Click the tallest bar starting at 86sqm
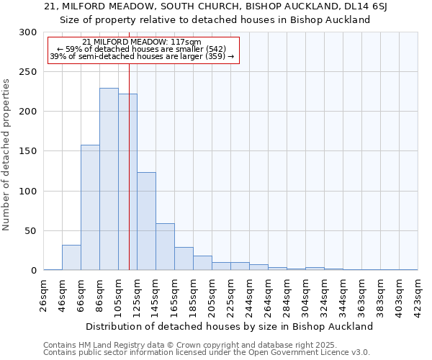pyautogui.click(x=109, y=179)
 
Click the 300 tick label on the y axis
pyautogui.click(x=27, y=32)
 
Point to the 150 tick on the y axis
pyautogui.click(x=27, y=152)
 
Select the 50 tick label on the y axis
pyautogui.click(x=30, y=231)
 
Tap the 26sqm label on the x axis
pyautogui.click(x=44, y=295)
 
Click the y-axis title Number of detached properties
pyautogui.click(x=7, y=155)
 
